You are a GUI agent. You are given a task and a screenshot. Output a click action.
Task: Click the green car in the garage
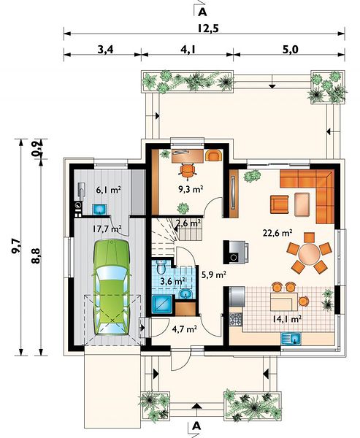click(x=112, y=287)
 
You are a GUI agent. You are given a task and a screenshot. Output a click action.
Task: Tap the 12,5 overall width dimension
click(x=208, y=28)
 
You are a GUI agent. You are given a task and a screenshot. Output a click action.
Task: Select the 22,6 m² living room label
click(x=277, y=233)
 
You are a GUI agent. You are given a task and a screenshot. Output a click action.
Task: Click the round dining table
click(x=309, y=254)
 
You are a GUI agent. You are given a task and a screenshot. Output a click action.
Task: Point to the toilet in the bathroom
click(x=161, y=266)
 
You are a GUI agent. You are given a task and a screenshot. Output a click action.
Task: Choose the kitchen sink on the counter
click(x=291, y=339)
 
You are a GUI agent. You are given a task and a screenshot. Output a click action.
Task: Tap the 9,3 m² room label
click(x=191, y=190)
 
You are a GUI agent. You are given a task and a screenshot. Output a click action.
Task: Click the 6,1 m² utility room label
click(x=109, y=191)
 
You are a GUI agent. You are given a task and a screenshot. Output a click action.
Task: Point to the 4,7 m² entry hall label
click(x=185, y=329)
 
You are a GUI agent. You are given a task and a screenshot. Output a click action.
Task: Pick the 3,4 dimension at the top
click(x=105, y=50)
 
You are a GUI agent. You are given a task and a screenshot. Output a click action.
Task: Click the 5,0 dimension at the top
click(x=291, y=50)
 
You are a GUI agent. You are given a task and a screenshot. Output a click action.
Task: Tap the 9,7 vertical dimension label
click(x=16, y=247)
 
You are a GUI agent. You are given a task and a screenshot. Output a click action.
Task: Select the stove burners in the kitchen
click(x=235, y=320)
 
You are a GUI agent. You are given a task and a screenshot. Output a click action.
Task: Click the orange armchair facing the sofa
click(x=279, y=204)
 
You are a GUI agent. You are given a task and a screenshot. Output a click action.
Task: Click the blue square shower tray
click(x=163, y=304)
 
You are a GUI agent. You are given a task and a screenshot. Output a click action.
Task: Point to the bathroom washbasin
click(x=185, y=294)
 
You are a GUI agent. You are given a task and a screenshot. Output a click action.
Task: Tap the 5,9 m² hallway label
click(x=214, y=275)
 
